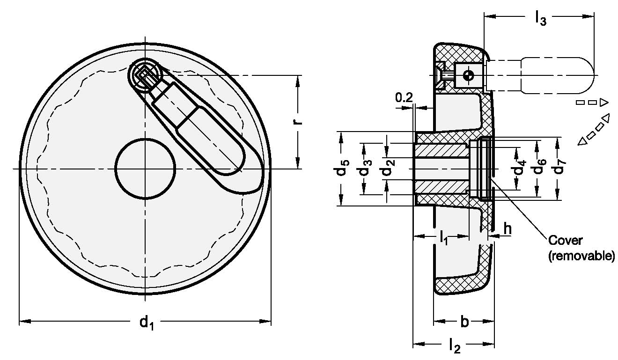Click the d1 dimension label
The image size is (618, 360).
pyautogui.click(x=146, y=323)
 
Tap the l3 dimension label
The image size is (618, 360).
pyautogui.click(x=540, y=18)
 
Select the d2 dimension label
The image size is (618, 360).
pyautogui.click(x=388, y=169)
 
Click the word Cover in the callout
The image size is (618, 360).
pyautogui.click(x=565, y=241)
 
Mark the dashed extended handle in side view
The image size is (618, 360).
pyautogui.click(x=557, y=75)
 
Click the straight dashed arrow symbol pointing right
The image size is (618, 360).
pyautogui.click(x=592, y=102)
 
